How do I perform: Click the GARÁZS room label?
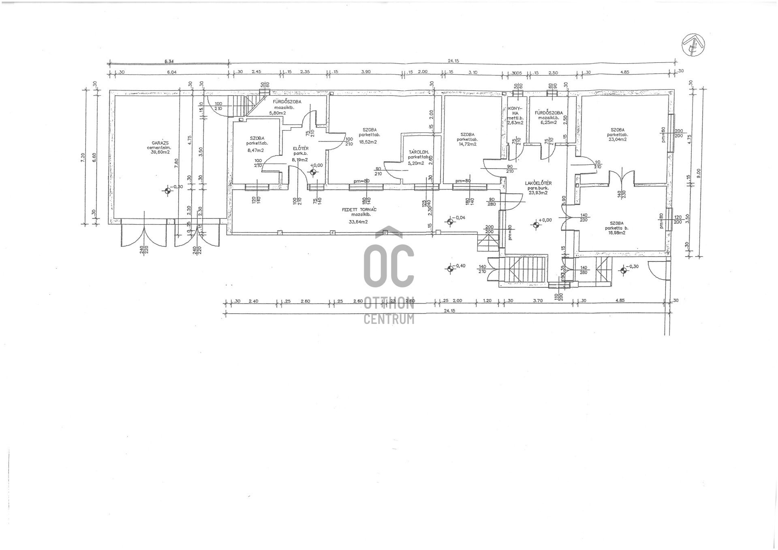[x=160, y=143]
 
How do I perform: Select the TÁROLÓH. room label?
[x=419, y=152]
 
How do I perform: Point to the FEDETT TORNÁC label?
[x=359, y=210]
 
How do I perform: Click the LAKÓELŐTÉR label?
[x=538, y=183]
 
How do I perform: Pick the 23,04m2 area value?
[x=618, y=139]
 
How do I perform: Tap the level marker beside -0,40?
[x=450, y=268]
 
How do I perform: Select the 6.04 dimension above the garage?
[x=172, y=73]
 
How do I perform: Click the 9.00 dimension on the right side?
[x=698, y=173]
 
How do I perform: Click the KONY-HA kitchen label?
[x=515, y=111]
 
